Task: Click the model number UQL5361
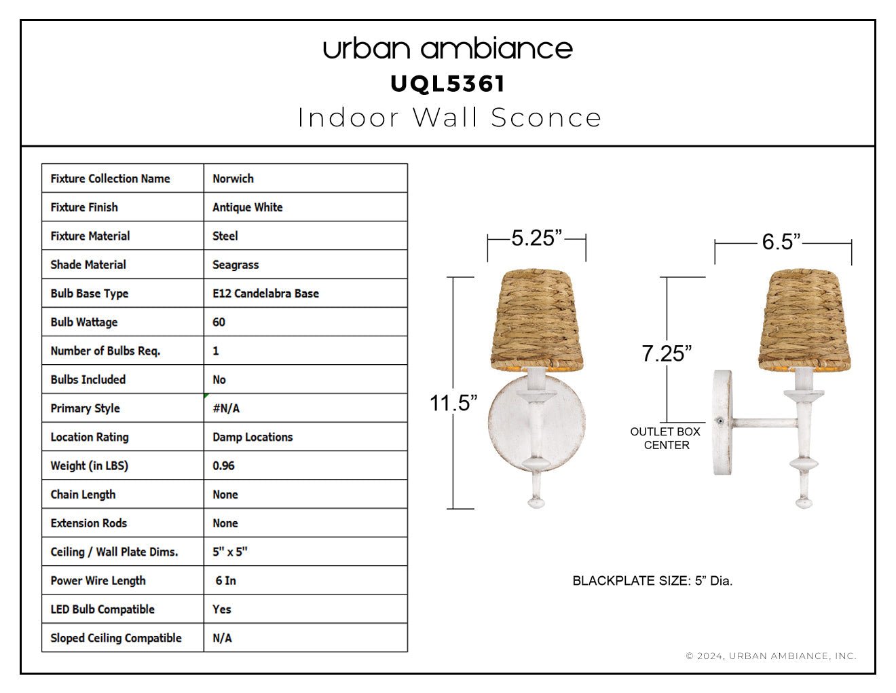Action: (447, 84)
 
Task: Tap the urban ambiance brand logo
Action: (448, 49)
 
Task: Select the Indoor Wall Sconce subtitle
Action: (449, 118)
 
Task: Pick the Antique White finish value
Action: (247, 207)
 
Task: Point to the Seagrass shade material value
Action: (236, 264)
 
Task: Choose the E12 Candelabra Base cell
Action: (265, 294)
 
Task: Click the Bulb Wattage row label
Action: (84, 322)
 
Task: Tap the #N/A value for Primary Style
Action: (226, 408)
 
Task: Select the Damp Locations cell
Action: (253, 437)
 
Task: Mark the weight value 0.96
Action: (223, 465)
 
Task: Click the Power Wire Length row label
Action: (98, 581)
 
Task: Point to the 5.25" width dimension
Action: (536, 238)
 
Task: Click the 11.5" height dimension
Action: (453, 403)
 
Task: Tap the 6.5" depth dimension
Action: (781, 241)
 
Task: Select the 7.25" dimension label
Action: (667, 353)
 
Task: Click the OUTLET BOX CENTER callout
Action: (665, 438)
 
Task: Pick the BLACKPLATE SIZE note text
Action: (652, 581)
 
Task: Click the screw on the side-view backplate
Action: (720, 421)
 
